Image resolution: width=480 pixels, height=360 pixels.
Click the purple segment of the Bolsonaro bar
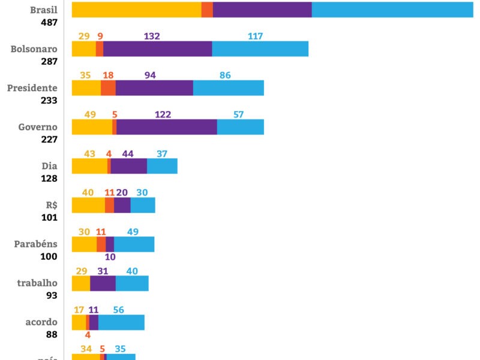[x=157, y=49]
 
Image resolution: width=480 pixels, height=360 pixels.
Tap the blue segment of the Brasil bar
[x=392, y=10]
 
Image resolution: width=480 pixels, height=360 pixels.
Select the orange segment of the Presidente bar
[x=108, y=88]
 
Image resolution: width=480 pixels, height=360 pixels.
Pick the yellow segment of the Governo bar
[x=92, y=127]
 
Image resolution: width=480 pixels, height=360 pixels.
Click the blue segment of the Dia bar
[x=162, y=166]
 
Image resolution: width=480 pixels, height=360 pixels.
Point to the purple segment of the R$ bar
[x=122, y=205]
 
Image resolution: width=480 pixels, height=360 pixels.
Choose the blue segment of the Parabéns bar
[x=134, y=244]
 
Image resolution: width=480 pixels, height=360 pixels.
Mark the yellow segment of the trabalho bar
[x=81, y=283]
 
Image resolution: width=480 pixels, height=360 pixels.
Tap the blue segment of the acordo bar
[x=121, y=322]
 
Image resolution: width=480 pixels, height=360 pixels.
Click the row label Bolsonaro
[x=34, y=49]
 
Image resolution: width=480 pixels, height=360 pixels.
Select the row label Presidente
[x=32, y=88]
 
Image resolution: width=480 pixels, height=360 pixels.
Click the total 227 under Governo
[x=49, y=140]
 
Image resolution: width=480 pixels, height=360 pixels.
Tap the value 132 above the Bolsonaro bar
[x=152, y=37]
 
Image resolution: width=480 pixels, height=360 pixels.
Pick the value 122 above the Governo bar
[x=163, y=115]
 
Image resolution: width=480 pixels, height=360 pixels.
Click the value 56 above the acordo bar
[x=118, y=310]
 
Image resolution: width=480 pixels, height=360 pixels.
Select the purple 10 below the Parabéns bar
[x=110, y=257]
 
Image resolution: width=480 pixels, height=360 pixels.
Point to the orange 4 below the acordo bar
[x=88, y=335]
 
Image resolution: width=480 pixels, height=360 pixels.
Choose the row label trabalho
[x=37, y=283]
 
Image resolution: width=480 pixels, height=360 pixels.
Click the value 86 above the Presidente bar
[x=225, y=76]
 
